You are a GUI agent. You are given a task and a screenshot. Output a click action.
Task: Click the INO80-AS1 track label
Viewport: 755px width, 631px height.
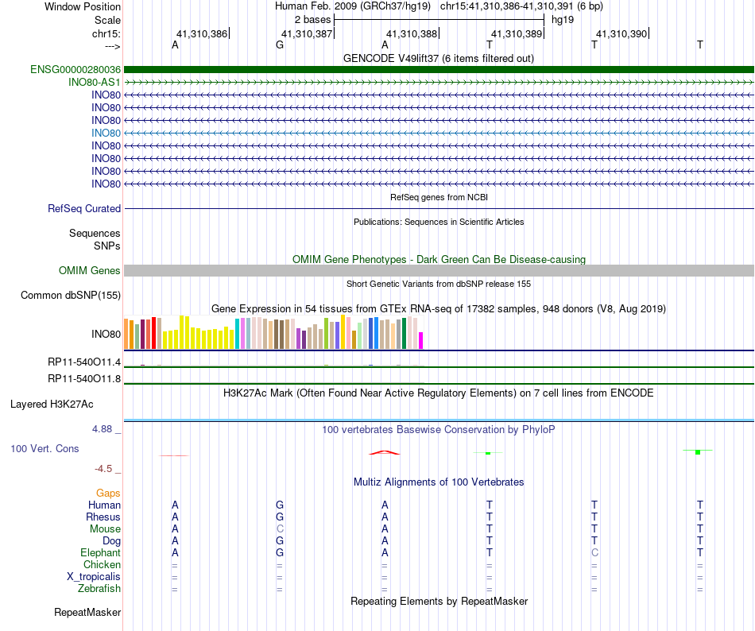[95, 82]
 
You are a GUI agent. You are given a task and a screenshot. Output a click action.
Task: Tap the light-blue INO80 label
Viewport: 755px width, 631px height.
[106, 133]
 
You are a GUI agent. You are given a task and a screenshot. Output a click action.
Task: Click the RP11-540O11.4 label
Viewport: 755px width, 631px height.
[84, 362]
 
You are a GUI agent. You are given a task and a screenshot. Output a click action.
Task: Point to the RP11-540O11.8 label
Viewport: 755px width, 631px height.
[84, 378]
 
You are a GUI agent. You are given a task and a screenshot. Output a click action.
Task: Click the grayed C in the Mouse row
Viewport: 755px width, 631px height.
[280, 528]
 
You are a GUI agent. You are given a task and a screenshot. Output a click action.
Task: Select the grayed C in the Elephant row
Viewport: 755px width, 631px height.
[594, 552]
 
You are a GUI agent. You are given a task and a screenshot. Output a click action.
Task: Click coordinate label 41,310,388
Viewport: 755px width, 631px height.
[412, 33]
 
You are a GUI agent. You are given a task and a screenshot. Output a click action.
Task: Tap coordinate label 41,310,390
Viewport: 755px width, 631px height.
[621, 33]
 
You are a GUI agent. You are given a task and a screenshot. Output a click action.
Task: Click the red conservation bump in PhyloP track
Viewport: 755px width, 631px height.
[384, 452]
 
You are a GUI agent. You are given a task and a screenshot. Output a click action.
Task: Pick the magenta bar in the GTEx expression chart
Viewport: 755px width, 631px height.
[421, 340]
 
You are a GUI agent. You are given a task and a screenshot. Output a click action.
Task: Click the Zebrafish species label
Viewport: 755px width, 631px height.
[99, 588]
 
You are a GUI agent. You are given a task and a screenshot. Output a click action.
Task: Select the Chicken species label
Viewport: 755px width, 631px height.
[103, 564]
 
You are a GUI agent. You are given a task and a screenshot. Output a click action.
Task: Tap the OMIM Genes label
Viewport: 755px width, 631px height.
[90, 271]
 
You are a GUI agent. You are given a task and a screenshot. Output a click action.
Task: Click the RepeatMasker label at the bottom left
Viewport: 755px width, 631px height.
[87, 613]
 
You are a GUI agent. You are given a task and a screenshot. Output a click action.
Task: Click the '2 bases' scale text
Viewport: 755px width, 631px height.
[311, 18]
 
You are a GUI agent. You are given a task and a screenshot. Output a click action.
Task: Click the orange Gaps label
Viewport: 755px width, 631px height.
[108, 493]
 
